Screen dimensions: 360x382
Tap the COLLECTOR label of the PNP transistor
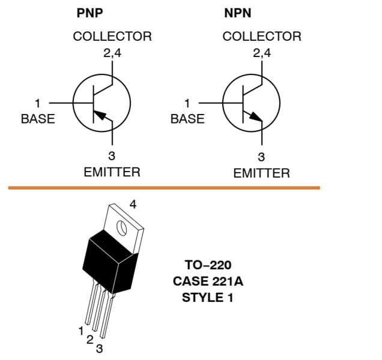(112, 37)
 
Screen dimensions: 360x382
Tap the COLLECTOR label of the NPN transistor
(262, 37)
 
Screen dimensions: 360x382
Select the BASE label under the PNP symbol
(37, 119)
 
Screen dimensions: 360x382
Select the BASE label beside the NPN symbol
(187, 119)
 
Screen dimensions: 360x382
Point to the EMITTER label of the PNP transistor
(112, 173)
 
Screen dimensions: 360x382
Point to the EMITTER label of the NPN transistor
(261, 173)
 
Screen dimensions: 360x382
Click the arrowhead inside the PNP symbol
(104, 115)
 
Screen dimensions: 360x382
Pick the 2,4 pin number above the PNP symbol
(112, 53)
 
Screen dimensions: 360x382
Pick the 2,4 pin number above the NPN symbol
(262, 53)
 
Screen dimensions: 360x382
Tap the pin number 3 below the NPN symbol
(261, 158)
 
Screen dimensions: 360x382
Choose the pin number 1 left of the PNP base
(38, 103)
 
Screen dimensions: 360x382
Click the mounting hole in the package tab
(122, 229)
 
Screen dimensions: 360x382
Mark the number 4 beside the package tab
(133, 204)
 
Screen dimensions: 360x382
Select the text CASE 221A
(208, 280)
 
